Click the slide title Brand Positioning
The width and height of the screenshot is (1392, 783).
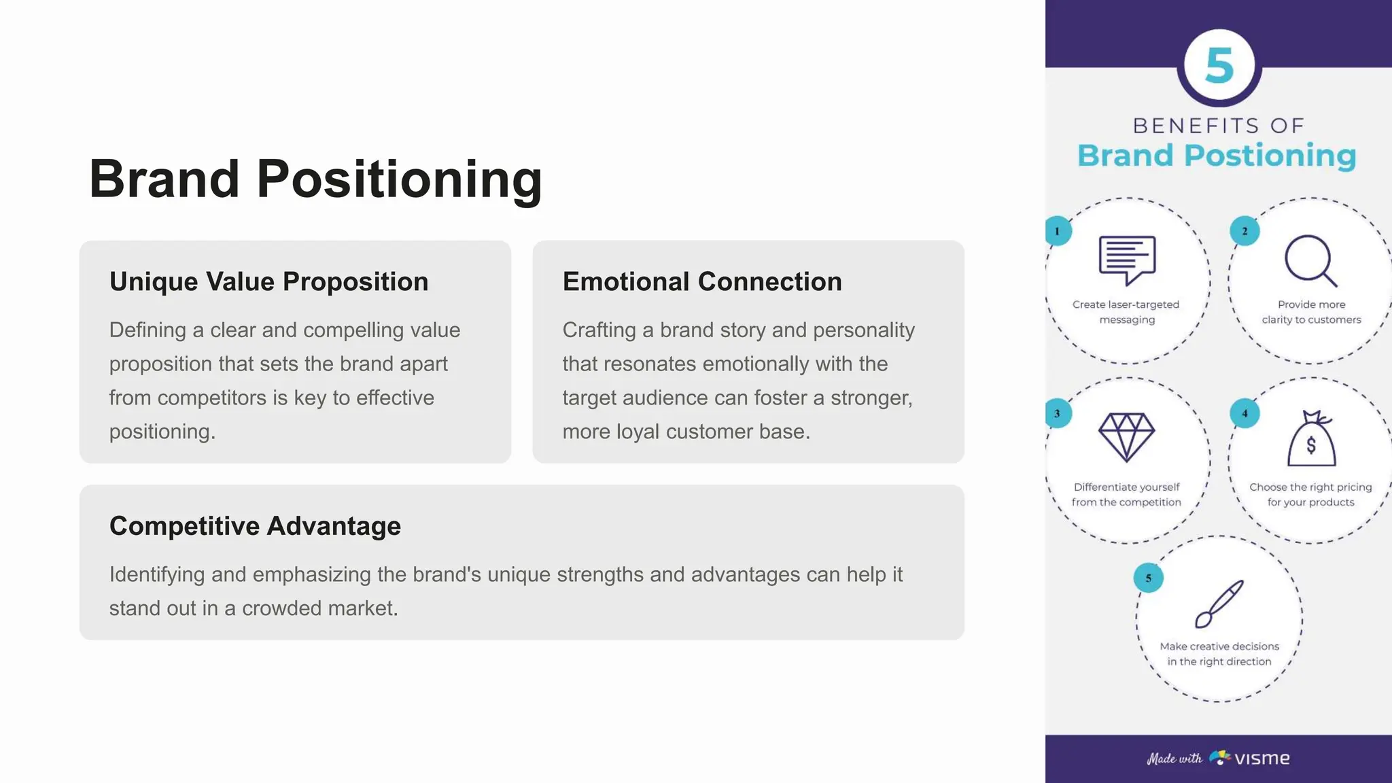pos(315,179)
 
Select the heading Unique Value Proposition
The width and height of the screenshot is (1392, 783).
pos(268,281)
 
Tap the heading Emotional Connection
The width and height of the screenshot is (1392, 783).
pos(701,281)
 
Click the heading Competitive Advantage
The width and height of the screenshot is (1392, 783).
pos(255,526)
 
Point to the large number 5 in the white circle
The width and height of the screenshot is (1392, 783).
pos(1219,66)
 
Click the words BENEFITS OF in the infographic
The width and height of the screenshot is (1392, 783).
pos(1219,126)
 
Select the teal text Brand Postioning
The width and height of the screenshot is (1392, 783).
pos(1217,156)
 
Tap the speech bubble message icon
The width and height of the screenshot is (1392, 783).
pos(1127,260)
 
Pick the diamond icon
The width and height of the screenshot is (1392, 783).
pos(1126,436)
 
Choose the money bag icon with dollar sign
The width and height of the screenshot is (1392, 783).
pos(1311,440)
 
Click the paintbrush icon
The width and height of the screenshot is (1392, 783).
pos(1219,603)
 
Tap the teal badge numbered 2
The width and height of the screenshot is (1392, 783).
pos(1245,231)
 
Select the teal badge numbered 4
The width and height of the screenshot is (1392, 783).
pos(1245,413)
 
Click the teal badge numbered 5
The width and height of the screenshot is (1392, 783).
pos(1148,578)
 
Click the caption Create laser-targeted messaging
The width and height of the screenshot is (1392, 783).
pos(1126,312)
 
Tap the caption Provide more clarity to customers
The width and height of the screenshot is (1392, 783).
pos(1311,312)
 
